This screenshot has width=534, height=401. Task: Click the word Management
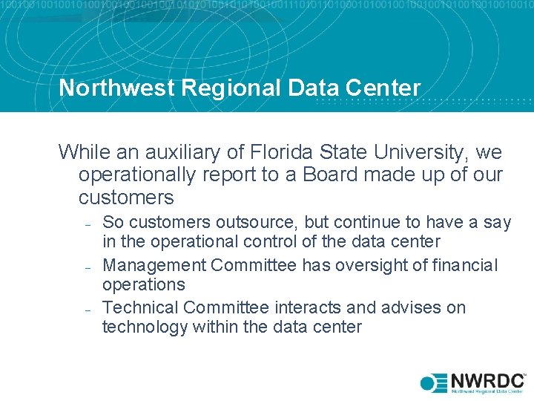153,265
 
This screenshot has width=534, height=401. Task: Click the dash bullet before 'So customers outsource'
88,224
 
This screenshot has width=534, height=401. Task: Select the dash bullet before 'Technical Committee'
88,309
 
